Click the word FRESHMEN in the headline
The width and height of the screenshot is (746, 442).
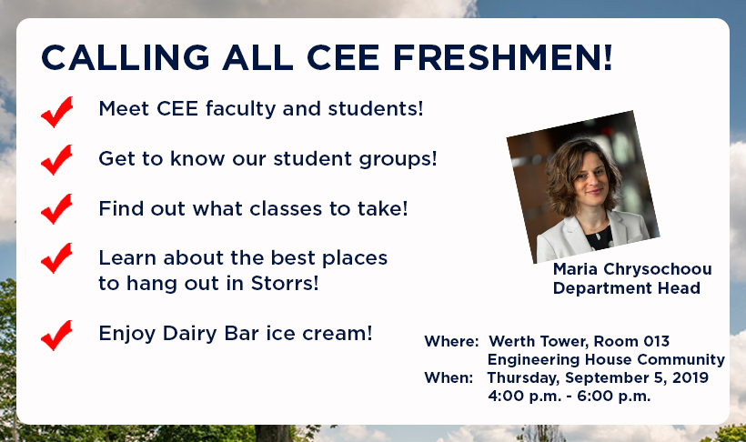(502, 57)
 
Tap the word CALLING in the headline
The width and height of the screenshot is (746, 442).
(126, 57)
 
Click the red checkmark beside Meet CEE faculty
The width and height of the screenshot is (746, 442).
(57, 112)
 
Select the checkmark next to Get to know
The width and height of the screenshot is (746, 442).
(57, 159)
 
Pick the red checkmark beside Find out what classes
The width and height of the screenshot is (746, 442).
(57, 208)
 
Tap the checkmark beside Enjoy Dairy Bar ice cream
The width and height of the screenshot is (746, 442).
(57, 336)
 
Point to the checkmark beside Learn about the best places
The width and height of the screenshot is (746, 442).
(57, 258)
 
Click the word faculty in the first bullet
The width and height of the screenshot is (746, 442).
(241, 109)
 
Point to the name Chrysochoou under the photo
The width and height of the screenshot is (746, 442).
(658, 270)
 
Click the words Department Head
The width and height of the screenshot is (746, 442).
(627, 288)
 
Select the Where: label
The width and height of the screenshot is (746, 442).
(451, 341)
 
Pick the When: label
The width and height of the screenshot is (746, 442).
(449, 377)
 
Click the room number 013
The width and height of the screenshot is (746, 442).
(657, 341)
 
